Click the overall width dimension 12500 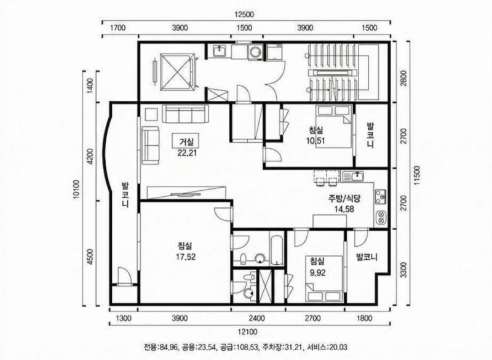244,14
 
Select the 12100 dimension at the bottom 248,332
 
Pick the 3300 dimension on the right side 403,270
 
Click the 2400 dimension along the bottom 256,319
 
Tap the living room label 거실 186,142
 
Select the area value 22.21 186,153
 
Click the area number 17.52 186,257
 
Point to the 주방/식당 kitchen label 344,198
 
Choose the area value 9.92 317,273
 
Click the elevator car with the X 176,72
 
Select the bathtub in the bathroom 277,249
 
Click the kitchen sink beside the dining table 352,176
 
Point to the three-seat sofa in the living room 186,114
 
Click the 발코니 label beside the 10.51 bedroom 371,135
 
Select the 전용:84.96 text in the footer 161,347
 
